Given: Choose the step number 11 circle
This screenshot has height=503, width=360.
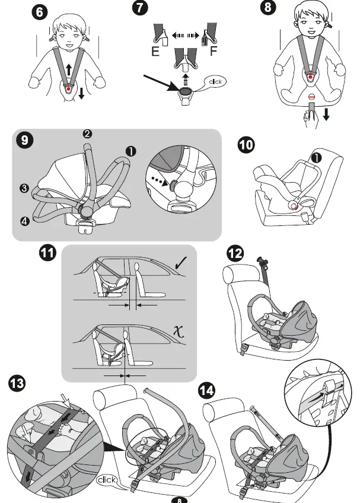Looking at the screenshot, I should coord(47,254).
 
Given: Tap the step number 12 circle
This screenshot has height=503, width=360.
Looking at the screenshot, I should coord(235,254).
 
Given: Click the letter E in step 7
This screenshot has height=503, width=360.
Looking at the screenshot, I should coord(155,52).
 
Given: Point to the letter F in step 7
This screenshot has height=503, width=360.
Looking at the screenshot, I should coord(214,52).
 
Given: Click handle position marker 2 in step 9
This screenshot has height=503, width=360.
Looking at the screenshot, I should coord(87,134).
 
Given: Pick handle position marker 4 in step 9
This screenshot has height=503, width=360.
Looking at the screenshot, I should coord(23,221).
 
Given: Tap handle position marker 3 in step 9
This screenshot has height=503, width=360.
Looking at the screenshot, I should coord(23,189).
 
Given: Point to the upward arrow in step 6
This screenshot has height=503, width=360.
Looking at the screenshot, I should coord(69,69).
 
